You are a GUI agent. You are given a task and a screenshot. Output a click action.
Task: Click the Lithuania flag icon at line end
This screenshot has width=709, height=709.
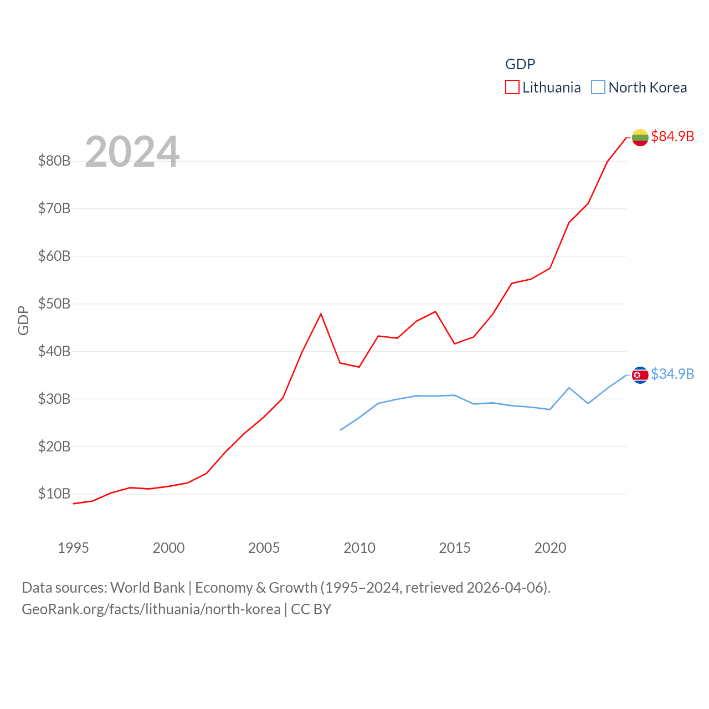coord(640,137)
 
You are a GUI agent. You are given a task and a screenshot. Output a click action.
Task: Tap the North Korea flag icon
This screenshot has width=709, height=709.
coord(640,375)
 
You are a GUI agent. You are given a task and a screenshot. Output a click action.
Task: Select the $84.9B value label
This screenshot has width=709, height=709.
coord(672,136)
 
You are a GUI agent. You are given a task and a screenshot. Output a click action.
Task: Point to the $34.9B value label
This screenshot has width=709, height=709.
coord(672,374)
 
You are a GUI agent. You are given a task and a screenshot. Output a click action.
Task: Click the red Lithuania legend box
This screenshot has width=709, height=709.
coord(512,88)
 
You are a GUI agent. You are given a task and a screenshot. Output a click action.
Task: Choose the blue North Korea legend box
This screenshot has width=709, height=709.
coord(598,88)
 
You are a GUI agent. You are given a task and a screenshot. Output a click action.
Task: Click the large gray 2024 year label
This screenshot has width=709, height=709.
coord(132,151)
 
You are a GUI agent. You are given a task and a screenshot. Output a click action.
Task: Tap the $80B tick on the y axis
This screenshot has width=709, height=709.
coord(54,161)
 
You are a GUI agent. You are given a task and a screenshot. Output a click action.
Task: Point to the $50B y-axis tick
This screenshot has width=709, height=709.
coord(54,304)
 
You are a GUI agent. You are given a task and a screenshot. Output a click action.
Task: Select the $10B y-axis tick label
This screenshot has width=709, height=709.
coord(54,494)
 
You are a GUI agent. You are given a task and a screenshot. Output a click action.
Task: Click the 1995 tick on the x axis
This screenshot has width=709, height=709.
coord(73,548)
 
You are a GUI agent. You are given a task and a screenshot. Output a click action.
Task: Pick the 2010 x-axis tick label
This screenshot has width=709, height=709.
coord(359,548)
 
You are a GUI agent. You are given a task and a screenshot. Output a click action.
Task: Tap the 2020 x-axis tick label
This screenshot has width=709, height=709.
coord(550,548)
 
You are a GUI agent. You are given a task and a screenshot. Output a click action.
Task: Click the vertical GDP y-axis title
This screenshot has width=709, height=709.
coord(23,320)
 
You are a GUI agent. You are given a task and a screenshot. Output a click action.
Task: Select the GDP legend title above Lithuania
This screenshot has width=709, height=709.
coord(520,64)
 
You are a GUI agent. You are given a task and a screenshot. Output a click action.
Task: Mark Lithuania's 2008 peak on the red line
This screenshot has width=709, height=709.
coord(321,314)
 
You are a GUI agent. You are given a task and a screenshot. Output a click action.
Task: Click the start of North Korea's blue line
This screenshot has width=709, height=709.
coord(340,430)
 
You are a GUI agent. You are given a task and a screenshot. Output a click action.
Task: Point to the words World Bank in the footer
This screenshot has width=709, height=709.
coord(147,587)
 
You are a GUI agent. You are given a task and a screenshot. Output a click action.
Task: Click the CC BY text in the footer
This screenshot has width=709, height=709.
coord(311,609)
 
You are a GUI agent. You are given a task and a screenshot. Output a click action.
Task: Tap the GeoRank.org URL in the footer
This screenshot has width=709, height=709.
coord(151,609)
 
